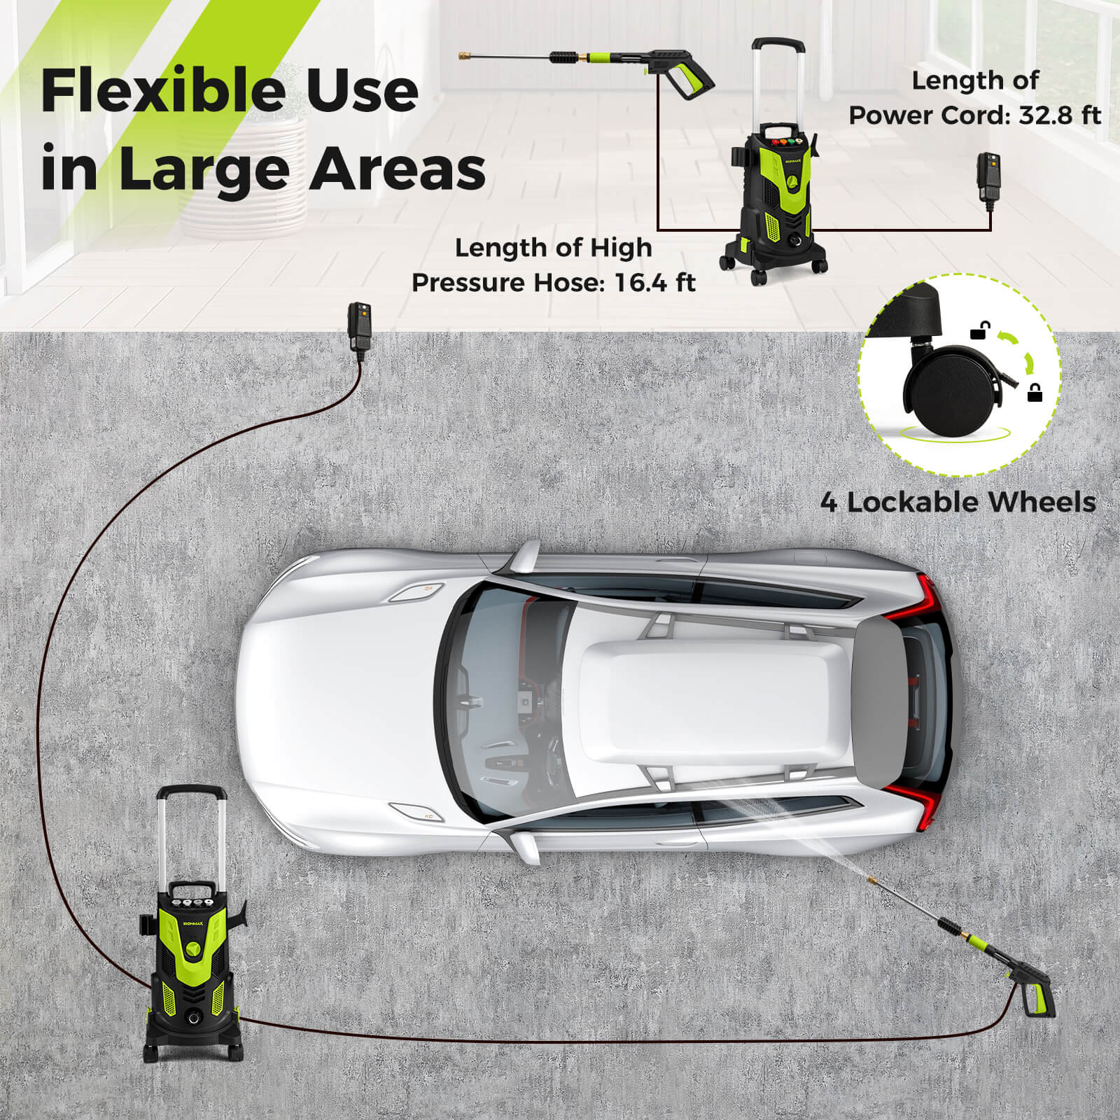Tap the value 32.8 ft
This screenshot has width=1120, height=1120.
click(x=1059, y=115)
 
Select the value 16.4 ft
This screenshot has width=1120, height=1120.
click(x=654, y=283)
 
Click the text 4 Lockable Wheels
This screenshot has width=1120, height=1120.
click(x=958, y=502)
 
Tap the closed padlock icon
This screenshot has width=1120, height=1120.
click(x=1034, y=393)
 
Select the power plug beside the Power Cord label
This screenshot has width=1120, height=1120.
click(x=988, y=175)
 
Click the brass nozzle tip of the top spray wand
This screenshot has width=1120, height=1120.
click(x=463, y=57)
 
